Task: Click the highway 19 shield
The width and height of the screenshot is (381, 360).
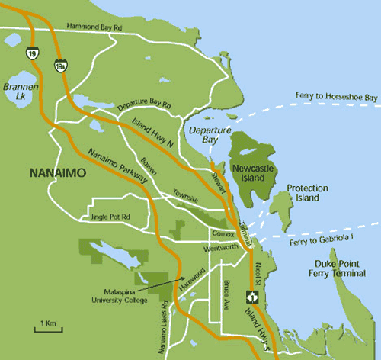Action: (x=31, y=55)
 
